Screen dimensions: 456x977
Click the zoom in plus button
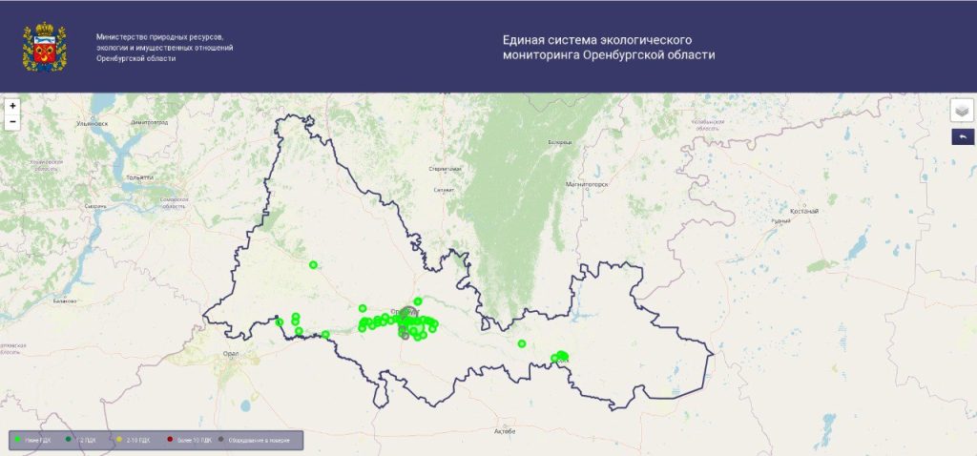12,106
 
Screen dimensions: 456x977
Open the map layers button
962,111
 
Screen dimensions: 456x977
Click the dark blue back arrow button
962,137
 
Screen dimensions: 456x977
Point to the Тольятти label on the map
139,177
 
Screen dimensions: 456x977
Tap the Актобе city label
504,431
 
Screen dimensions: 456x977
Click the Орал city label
230,353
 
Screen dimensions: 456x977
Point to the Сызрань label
94,206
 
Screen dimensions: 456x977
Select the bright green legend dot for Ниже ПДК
18,440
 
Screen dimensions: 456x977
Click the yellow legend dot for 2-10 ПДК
119,440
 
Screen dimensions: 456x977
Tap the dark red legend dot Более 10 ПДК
169,440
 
